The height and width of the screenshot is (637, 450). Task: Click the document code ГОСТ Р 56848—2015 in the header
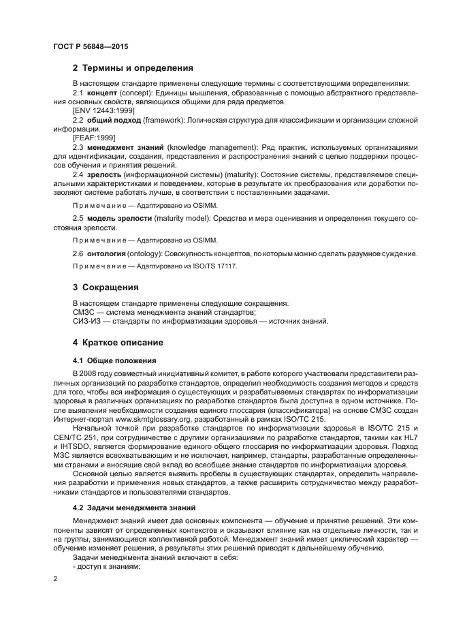91,46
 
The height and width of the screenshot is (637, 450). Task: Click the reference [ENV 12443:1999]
103,110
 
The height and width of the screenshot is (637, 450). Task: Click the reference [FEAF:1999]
94,137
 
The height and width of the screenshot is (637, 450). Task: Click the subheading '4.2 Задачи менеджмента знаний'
133,508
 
